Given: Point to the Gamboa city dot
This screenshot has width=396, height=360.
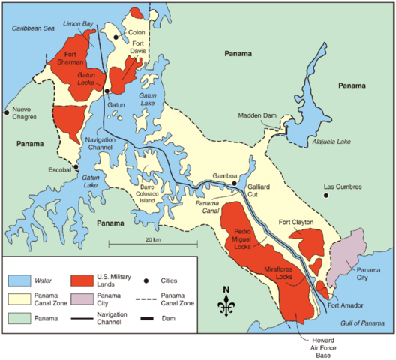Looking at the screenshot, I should click(234, 182).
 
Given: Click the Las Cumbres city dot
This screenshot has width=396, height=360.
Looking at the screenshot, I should click(326, 196).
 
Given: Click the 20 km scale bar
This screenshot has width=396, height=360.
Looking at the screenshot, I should click(154, 244).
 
